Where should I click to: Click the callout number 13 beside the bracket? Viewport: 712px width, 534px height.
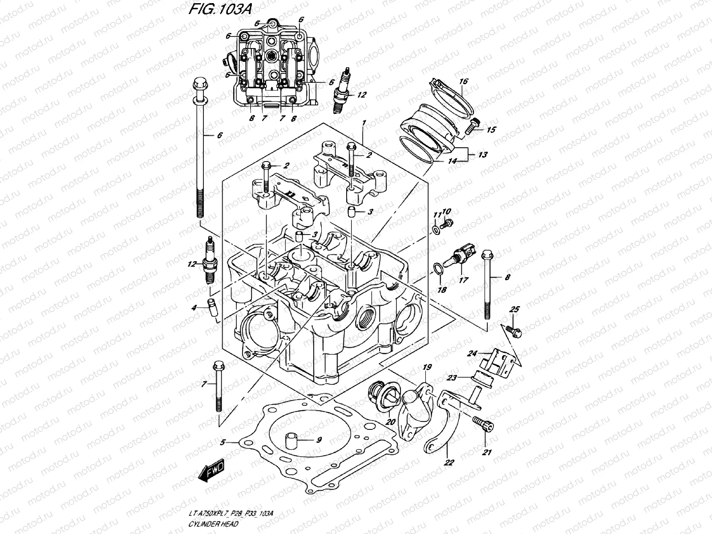pos(482,155)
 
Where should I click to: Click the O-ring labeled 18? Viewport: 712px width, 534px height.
pos(438,268)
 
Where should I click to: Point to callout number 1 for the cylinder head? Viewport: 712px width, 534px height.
pos(364,110)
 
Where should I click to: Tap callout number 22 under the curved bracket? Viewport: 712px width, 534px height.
pos(449,462)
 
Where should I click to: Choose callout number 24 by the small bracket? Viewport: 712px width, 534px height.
pos(473,354)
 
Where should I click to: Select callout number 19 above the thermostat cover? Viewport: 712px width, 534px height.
pos(427,367)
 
